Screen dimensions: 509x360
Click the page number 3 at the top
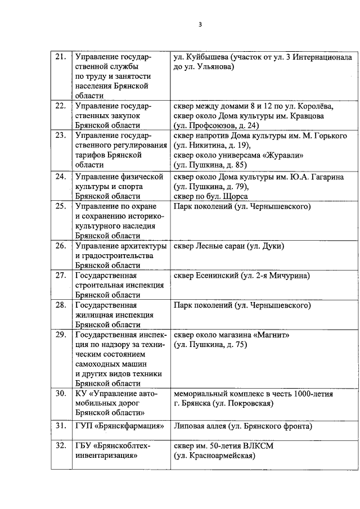200,24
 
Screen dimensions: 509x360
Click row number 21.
60,57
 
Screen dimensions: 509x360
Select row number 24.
60,177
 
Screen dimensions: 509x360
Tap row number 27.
60,276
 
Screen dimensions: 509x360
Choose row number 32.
60,446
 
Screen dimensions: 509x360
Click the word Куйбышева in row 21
202,57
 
